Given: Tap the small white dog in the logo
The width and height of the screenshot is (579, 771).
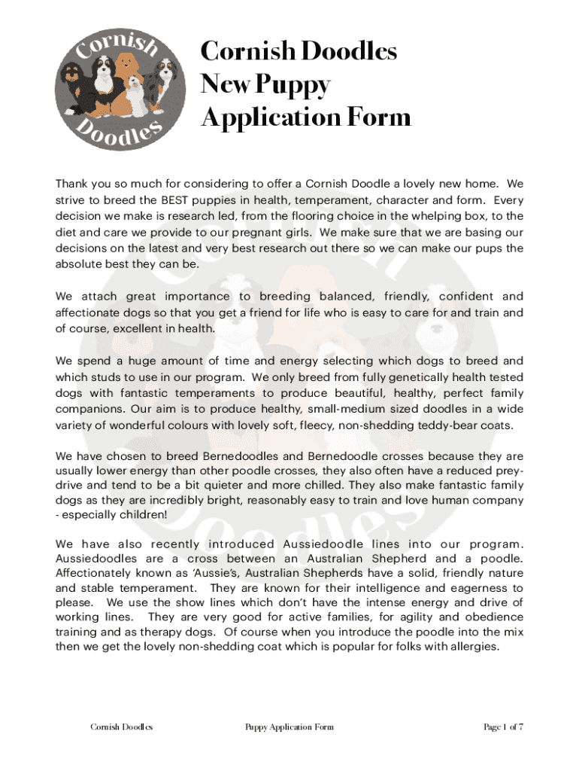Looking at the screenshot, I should (x=135, y=90).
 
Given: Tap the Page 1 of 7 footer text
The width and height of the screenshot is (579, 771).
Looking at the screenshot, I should (x=503, y=727).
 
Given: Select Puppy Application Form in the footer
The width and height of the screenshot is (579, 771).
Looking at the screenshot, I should (x=289, y=727).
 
